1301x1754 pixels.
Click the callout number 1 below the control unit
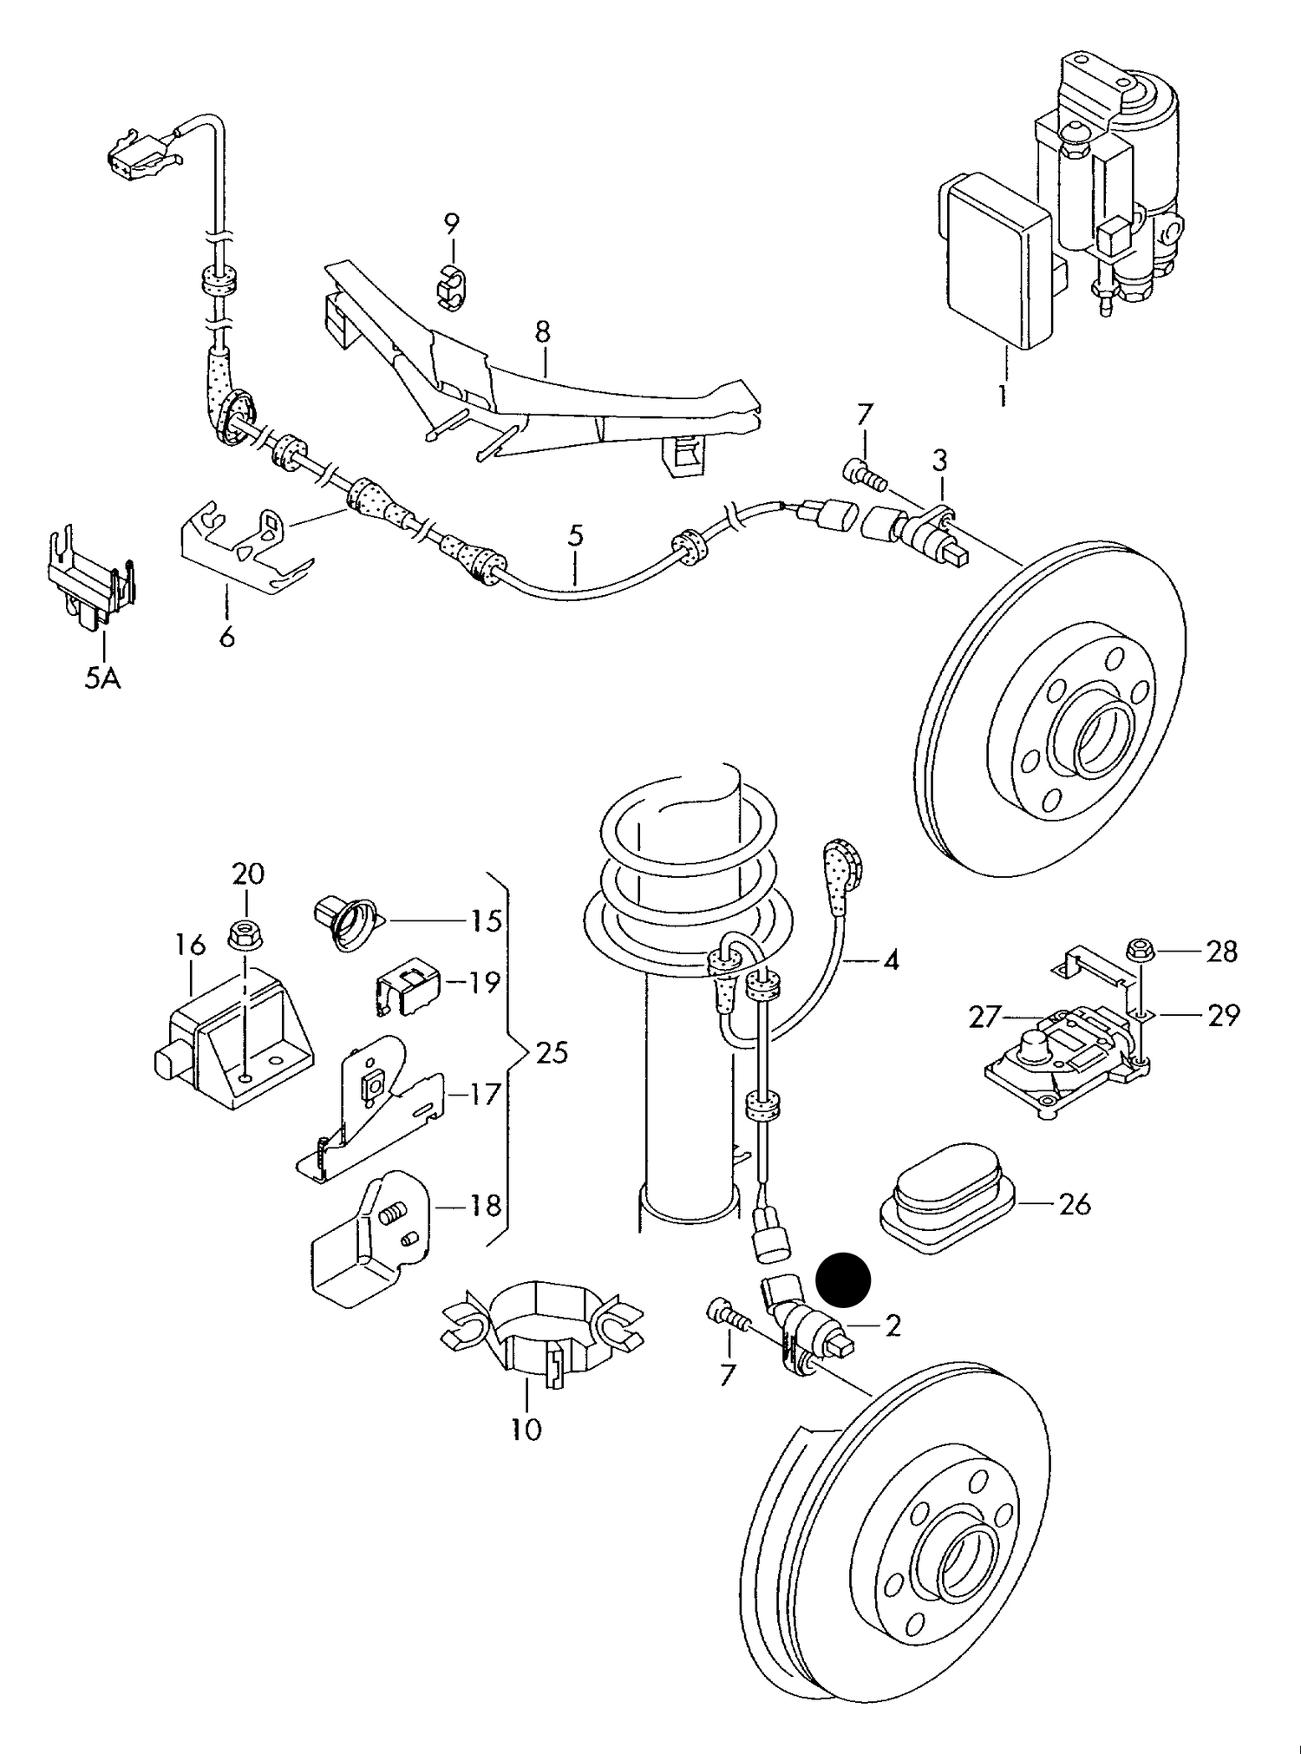(x=1002, y=396)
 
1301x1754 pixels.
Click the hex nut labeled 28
(x=1141, y=950)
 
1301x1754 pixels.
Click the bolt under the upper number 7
(x=862, y=473)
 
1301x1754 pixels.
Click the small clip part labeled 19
(x=409, y=986)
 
